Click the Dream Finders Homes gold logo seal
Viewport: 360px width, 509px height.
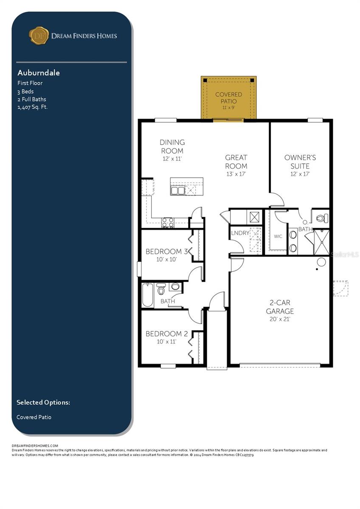(39, 36)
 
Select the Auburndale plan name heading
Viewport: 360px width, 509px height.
(38, 73)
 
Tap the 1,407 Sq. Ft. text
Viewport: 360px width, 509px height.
(32, 107)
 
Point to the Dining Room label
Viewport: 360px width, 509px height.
(172, 146)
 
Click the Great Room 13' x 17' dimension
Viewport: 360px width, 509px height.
(236, 174)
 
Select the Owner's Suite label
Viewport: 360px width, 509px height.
(300, 162)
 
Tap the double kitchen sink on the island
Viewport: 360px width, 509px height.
(177, 191)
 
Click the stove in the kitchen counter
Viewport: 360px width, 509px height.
(167, 222)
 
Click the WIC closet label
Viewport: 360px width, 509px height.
(278, 236)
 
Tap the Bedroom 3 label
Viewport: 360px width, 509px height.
(167, 252)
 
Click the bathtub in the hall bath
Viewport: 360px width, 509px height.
(147, 295)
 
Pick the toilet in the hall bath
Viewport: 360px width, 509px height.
(161, 290)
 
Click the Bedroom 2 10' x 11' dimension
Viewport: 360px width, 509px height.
(167, 341)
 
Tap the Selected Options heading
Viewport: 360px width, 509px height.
(43, 402)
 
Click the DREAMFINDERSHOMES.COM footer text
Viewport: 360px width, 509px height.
(35, 445)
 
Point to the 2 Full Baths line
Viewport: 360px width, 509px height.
(32, 99)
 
